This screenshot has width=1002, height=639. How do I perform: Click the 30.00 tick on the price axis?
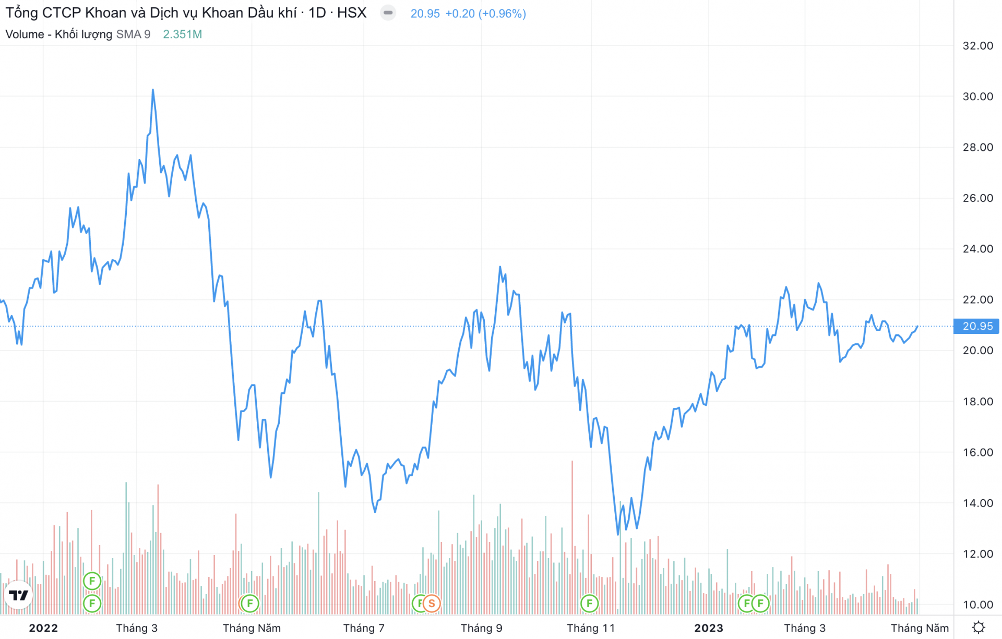977,97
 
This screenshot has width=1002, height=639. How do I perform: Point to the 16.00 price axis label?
977,452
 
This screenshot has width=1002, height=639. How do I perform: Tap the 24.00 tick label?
977,249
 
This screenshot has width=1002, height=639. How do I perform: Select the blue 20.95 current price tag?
976,326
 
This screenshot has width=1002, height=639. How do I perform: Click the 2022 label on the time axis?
43,628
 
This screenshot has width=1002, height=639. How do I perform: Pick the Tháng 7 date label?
364,628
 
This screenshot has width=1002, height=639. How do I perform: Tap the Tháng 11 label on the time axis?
591,628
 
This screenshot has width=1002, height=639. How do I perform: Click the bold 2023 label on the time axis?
708,628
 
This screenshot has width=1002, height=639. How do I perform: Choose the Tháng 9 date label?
481,628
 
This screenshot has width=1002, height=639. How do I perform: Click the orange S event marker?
432,604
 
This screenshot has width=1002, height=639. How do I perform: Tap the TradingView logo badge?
19,595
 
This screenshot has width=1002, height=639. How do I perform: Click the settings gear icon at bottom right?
979,627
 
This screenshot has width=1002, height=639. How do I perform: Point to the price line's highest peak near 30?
153,90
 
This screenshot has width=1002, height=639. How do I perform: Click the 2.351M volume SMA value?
182,34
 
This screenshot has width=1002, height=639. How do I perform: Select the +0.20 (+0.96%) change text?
485,14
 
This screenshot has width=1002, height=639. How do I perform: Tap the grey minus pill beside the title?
388,13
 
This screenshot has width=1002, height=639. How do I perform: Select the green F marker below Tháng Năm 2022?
250,604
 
